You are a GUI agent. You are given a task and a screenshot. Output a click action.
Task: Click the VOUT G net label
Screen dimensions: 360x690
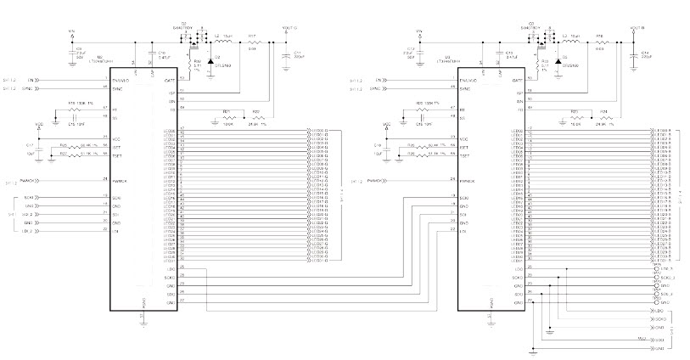[289, 28]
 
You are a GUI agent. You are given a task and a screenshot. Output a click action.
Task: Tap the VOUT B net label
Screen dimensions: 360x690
[637, 28]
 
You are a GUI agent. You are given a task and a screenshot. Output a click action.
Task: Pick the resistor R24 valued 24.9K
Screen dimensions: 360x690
[604, 116]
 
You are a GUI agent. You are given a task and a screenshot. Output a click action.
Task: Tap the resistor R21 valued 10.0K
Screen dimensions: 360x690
[227, 116]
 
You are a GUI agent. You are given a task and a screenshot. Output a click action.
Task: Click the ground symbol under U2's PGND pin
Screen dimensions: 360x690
[144, 321]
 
